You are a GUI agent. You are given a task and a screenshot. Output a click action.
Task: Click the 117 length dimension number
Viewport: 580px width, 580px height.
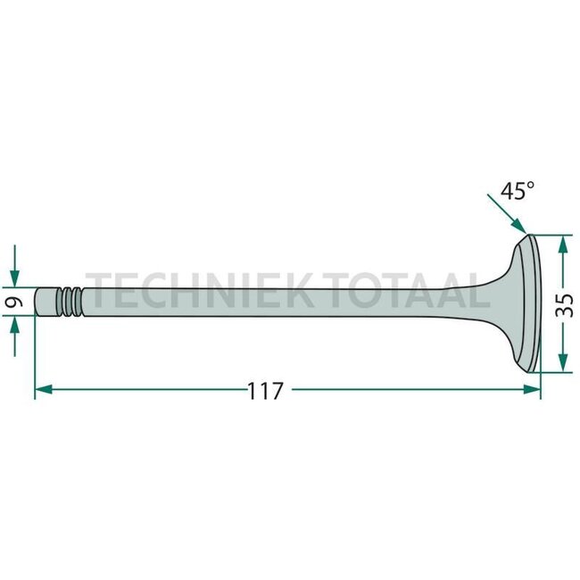(x=265, y=391)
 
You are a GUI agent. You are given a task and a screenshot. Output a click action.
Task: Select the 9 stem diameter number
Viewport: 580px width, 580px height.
(x=14, y=302)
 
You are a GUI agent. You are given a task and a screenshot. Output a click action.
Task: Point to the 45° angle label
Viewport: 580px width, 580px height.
(x=517, y=191)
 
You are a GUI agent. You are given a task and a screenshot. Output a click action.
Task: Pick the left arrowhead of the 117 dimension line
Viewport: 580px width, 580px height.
(x=41, y=390)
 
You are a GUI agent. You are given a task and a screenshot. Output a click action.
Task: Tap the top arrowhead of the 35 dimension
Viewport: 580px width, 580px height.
(x=562, y=243)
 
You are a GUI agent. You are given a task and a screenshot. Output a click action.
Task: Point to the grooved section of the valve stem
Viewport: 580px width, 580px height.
(x=69, y=302)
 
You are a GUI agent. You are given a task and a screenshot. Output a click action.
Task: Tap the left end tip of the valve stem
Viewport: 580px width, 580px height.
(x=38, y=302)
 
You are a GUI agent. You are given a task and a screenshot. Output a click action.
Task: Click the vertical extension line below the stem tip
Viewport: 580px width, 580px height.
(x=35, y=357)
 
